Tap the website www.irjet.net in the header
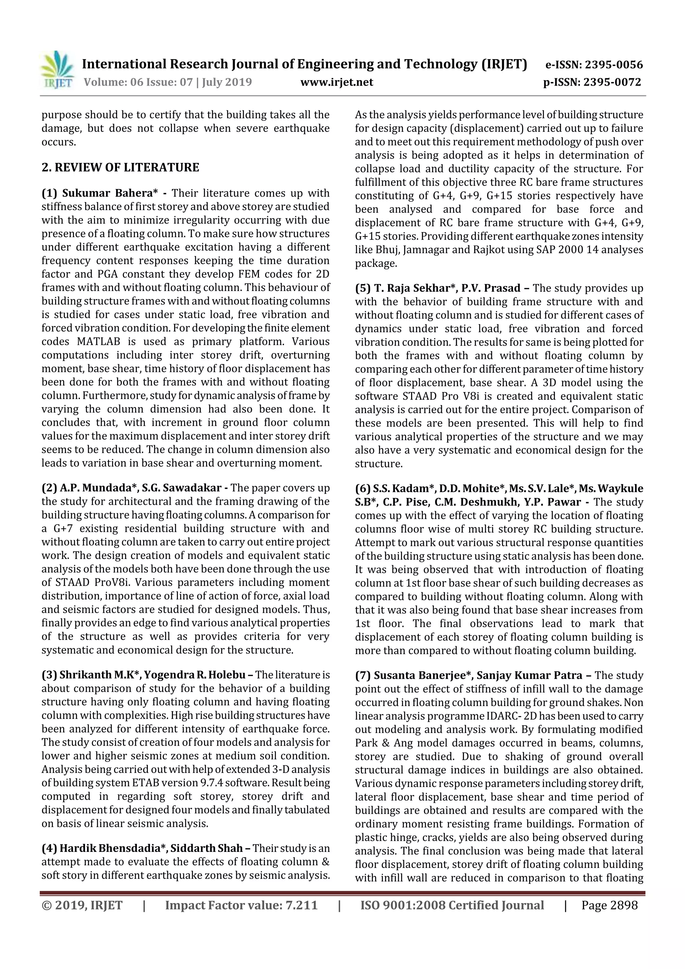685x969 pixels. [336, 82]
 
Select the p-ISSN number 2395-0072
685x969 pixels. [612, 82]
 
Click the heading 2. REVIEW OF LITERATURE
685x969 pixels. [120, 168]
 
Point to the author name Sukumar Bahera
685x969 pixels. [107, 193]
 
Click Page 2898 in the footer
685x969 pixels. [609, 905]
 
